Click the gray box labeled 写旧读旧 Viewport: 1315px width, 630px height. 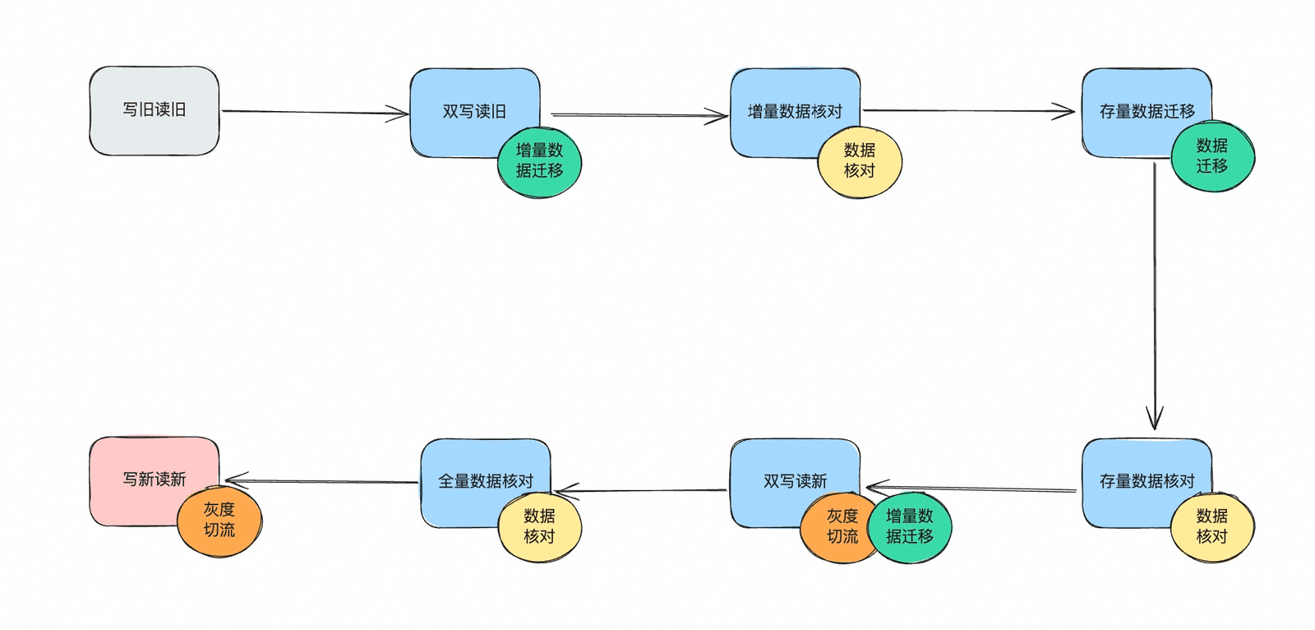point(154,110)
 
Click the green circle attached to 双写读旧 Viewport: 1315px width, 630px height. point(539,162)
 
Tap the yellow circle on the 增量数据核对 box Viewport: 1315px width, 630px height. point(860,162)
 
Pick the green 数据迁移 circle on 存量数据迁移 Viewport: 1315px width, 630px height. point(1213,156)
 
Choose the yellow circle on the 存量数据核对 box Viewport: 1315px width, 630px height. point(1213,526)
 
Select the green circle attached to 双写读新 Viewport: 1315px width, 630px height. point(910,526)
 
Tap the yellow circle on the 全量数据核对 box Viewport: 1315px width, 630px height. point(539,526)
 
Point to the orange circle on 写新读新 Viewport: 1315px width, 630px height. point(219,521)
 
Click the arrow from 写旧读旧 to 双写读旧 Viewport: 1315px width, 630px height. point(316,112)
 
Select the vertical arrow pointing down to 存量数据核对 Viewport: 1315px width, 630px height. point(1155,296)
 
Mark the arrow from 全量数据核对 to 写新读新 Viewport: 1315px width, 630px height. point(321,481)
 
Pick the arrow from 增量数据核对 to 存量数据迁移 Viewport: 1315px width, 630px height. point(969,110)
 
